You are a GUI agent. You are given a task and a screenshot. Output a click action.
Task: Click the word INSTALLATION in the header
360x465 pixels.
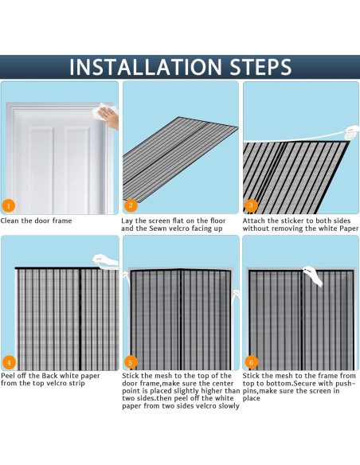(146, 67)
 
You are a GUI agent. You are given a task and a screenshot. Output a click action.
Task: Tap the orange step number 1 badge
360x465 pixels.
(9, 205)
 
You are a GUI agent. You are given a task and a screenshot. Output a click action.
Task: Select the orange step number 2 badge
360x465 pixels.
(131, 205)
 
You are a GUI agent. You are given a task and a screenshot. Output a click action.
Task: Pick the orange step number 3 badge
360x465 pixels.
(251, 205)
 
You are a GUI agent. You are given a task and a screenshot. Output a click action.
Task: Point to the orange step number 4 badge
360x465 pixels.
(9, 362)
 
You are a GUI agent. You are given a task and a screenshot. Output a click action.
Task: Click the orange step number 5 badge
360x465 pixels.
(130, 362)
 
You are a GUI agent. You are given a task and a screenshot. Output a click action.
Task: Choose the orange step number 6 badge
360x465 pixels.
(252, 362)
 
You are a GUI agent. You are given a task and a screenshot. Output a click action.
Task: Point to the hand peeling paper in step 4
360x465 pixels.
(105, 261)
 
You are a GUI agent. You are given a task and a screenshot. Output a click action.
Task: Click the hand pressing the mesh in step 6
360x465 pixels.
(314, 275)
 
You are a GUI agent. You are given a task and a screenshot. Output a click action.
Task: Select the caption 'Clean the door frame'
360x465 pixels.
(36, 221)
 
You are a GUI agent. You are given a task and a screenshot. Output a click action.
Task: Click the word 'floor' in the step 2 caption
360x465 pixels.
(218, 221)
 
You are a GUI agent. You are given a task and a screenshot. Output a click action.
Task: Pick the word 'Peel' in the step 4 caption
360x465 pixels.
(7, 376)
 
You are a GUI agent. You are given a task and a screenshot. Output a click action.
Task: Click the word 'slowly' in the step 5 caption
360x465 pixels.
(229, 406)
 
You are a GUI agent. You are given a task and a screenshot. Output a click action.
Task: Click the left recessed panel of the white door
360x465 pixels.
(41, 169)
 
